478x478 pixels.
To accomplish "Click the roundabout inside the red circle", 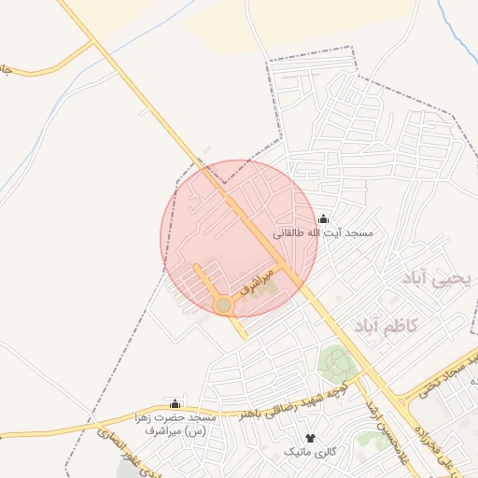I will (x=223, y=305).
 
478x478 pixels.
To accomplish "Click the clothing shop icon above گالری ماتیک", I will (x=311, y=437).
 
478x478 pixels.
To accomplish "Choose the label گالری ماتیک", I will (x=311, y=451).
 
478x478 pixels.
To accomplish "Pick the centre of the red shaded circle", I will (x=240, y=238).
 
